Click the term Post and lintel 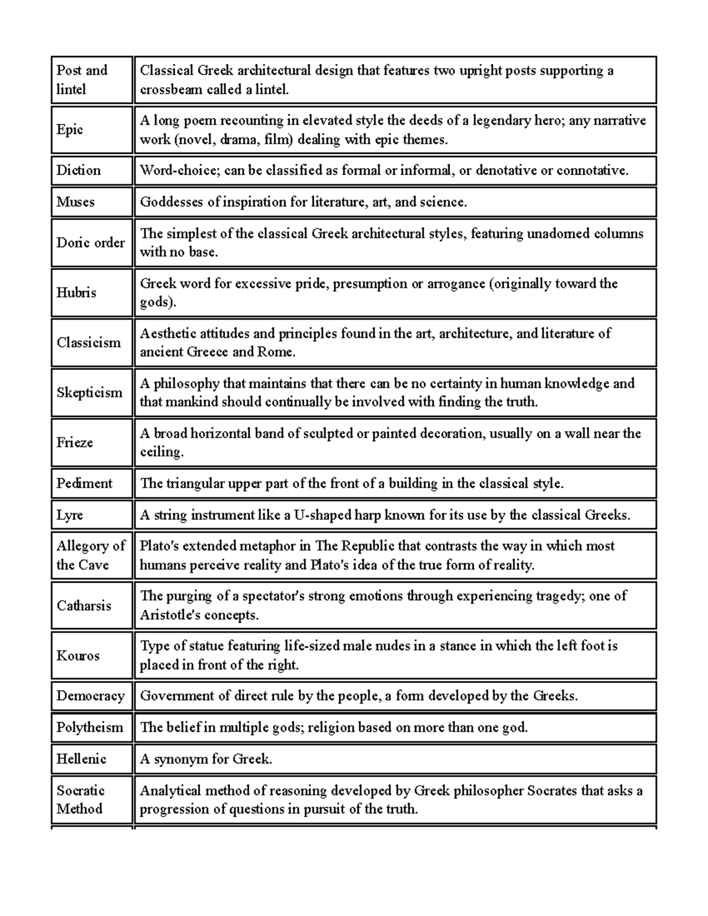tap(82, 80)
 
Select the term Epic tap(70, 130)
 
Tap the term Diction tap(78, 170)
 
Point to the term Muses tap(76, 202)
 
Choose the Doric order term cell tap(90, 243)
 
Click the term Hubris tap(76, 293)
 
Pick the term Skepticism tap(90, 393)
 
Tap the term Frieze tap(75, 442)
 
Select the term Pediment tap(84, 484)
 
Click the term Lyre tap(70, 515)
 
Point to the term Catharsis tap(84, 606)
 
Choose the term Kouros tap(78, 656)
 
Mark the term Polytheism tap(90, 727)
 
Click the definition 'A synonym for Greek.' tap(206, 759)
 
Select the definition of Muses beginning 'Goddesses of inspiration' tap(303, 202)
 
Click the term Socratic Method tap(81, 800)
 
